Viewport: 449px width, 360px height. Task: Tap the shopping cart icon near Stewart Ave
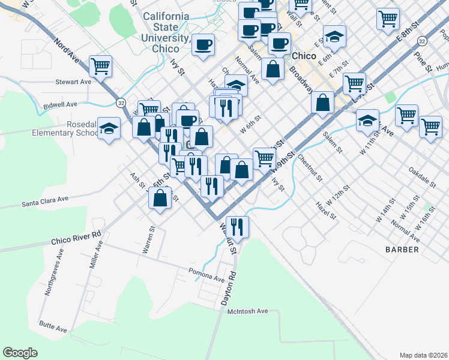click(x=101, y=65)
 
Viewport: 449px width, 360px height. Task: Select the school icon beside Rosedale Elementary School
click(x=109, y=128)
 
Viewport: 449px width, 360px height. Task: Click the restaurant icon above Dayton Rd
click(x=237, y=226)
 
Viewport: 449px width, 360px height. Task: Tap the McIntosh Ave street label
click(x=247, y=311)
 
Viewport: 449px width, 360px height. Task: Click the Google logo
click(x=20, y=353)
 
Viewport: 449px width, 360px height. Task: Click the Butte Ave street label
click(x=53, y=329)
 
